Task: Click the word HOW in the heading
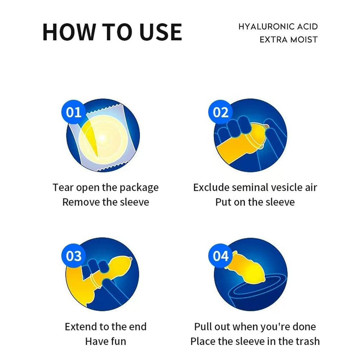(x=69, y=32)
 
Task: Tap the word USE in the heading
(x=161, y=32)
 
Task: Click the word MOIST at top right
(x=304, y=40)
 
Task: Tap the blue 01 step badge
(x=73, y=112)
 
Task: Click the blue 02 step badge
(x=220, y=112)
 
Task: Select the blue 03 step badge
(x=73, y=256)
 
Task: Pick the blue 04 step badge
(x=220, y=256)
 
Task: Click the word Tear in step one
(x=63, y=187)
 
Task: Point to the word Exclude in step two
(x=211, y=187)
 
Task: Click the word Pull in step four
(x=203, y=327)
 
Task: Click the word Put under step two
(x=224, y=202)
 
